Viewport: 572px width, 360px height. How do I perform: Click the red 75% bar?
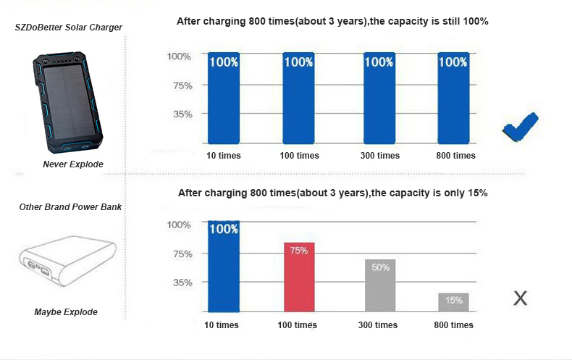click(x=298, y=277)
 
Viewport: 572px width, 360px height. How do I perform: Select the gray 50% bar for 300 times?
click(x=380, y=285)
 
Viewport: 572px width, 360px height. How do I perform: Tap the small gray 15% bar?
click(x=454, y=302)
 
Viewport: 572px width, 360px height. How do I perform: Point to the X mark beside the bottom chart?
click(x=520, y=297)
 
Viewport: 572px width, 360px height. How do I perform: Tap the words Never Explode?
click(x=73, y=164)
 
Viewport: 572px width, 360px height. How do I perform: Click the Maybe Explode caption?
click(x=66, y=312)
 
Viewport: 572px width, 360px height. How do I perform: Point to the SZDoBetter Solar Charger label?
click(x=69, y=28)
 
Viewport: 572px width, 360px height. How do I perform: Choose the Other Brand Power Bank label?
click(x=70, y=207)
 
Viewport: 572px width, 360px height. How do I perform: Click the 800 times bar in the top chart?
click(x=454, y=98)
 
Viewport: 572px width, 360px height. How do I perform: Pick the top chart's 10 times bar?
click(x=223, y=98)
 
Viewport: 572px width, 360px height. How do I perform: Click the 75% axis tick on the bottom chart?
click(x=180, y=254)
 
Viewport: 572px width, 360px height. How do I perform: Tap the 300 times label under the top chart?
click(x=379, y=156)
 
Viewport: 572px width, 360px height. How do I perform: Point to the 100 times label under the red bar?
click(x=297, y=325)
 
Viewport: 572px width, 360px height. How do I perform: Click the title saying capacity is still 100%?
click(x=332, y=22)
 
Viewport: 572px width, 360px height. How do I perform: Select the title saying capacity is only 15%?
click(x=332, y=193)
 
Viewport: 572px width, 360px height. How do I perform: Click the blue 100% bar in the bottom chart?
click(x=224, y=266)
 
